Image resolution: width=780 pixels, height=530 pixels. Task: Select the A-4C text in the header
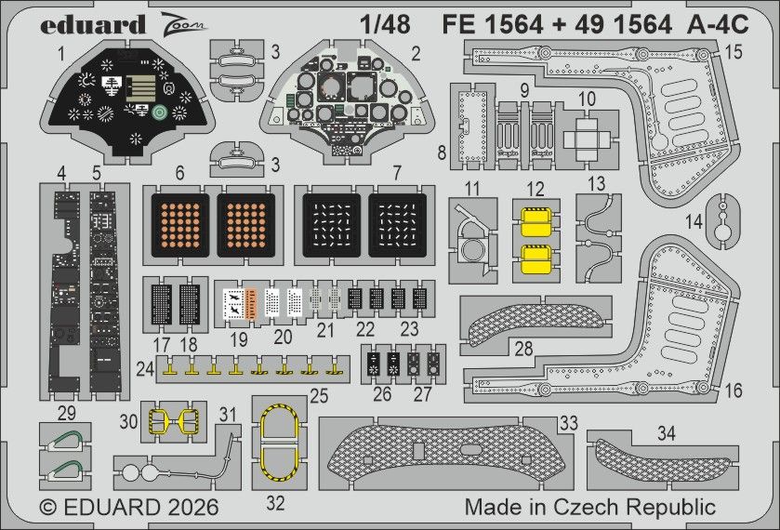[x=718, y=26]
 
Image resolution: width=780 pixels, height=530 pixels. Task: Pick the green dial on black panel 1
[x=161, y=113]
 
